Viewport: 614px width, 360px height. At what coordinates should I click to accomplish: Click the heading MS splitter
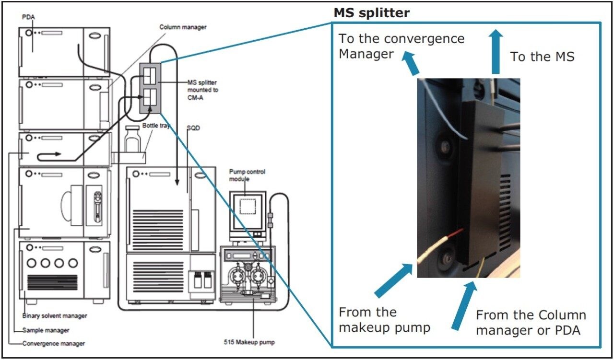372,13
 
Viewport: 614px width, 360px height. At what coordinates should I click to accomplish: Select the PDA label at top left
29,17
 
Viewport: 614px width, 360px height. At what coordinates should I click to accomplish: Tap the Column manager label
183,27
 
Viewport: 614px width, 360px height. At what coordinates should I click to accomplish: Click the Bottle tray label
156,126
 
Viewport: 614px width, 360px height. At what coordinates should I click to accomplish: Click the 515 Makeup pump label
249,342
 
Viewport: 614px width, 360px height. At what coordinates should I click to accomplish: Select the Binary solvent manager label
55,316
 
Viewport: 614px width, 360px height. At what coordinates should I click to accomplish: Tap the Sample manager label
46,330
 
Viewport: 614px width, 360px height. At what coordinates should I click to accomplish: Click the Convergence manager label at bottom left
54,343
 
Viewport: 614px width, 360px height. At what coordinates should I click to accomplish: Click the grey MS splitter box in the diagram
149,88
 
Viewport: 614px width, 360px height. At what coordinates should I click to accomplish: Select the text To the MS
542,57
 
